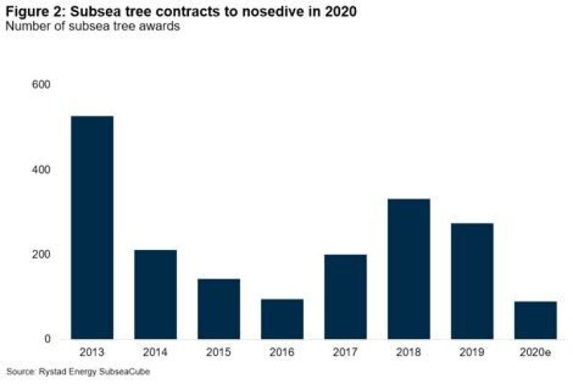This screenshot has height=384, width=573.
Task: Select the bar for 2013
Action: click(x=92, y=227)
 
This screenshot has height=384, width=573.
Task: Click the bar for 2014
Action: click(x=155, y=294)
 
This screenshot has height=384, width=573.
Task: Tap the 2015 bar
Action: click(x=218, y=309)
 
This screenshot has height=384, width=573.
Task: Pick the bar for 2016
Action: click(x=282, y=319)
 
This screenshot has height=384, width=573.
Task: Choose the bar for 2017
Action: click(x=345, y=297)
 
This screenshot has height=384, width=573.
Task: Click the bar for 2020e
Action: click(x=535, y=320)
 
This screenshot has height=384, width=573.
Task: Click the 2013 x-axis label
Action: click(x=92, y=352)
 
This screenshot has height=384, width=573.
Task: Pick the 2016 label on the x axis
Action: click(x=282, y=352)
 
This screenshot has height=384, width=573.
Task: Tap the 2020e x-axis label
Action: click(x=535, y=352)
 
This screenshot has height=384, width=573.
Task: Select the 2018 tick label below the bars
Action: click(x=409, y=352)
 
